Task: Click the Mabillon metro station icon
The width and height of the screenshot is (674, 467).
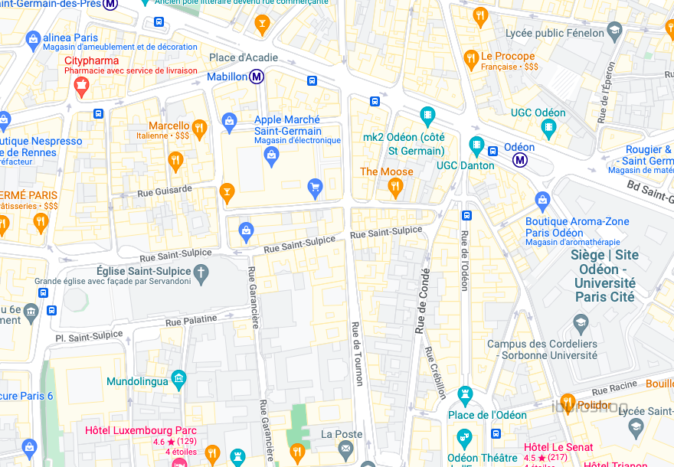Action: [257, 77]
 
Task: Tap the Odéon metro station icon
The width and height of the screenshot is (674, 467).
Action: [521, 159]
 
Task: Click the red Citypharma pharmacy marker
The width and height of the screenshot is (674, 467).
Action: [81, 89]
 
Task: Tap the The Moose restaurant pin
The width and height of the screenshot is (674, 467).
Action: [395, 188]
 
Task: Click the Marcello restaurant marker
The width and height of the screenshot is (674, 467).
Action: [199, 127]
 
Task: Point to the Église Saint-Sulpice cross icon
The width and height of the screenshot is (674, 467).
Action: [201, 272]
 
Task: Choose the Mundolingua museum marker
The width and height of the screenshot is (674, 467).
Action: [178, 377]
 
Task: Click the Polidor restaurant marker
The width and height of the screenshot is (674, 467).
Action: [567, 402]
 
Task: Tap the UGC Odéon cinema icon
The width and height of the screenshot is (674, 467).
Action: [548, 127]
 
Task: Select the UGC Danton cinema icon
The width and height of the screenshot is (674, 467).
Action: [477, 145]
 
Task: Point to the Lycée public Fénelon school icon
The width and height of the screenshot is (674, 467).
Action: [614, 31]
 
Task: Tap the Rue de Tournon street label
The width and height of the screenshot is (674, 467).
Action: [356, 352]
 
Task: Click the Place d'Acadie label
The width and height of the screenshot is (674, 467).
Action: [244, 58]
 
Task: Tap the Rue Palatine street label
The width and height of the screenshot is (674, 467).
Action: [185, 321]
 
